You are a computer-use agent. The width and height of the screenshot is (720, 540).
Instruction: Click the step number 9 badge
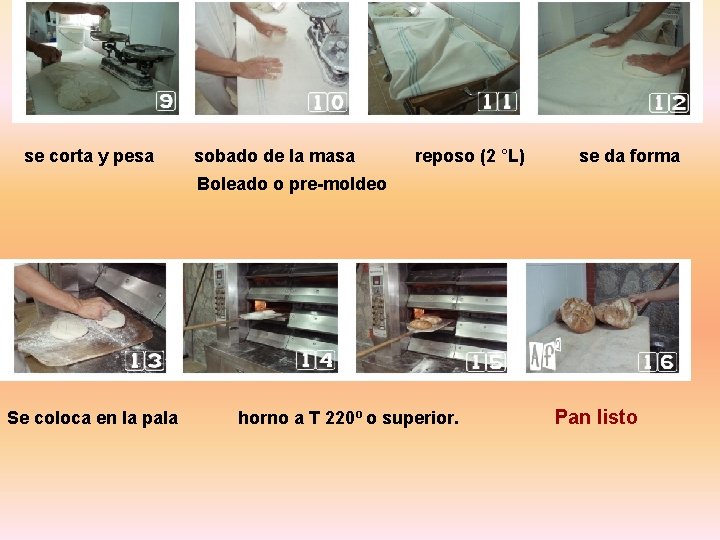(x=166, y=101)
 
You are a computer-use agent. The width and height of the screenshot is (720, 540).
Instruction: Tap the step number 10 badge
(x=328, y=102)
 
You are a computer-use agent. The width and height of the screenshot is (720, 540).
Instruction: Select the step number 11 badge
(x=499, y=101)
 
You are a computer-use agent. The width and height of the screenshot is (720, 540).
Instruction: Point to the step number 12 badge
(x=669, y=102)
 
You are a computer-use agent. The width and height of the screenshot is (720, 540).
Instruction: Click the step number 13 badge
(x=144, y=360)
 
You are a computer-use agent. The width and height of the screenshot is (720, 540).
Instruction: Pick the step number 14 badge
(x=317, y=360)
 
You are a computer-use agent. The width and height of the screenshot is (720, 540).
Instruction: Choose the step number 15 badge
(x=488, y=361)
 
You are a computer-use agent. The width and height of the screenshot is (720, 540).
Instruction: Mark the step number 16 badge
(x=659, y=361)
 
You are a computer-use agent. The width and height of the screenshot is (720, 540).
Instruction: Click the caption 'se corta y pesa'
(x=89, y=156)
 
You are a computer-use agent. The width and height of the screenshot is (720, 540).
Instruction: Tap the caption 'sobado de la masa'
(x=274, y=156)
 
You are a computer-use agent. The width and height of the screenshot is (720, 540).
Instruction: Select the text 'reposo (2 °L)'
(x=470, y=156)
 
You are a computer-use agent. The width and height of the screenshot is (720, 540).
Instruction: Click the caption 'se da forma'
(x=629, y=156)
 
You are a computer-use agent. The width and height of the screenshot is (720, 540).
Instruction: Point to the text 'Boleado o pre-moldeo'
(x=291, y=184)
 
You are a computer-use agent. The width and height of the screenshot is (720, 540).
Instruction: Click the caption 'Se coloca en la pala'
(x=92, y=418)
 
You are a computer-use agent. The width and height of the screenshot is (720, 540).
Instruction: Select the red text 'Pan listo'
(x=595, y=417)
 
